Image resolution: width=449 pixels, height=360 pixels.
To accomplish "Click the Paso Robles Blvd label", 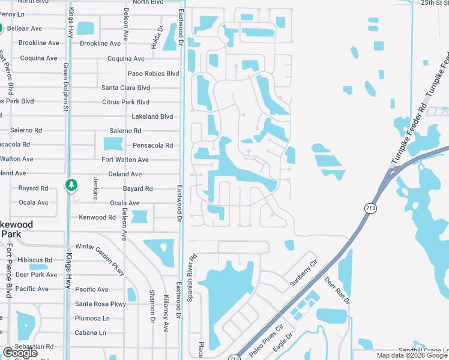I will tap(154, 73).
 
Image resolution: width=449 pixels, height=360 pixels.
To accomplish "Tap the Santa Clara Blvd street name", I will tap(125, 88).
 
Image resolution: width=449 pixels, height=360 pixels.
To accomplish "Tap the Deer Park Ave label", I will tap(36, 275).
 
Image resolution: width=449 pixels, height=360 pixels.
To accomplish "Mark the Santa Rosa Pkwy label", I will tap(100, 304).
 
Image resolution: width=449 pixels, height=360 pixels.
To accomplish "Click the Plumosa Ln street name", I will tap(92, 318).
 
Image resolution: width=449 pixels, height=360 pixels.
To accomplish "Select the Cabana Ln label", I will tap(90, 332).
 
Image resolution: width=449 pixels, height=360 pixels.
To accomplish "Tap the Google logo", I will tap(20, 353).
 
